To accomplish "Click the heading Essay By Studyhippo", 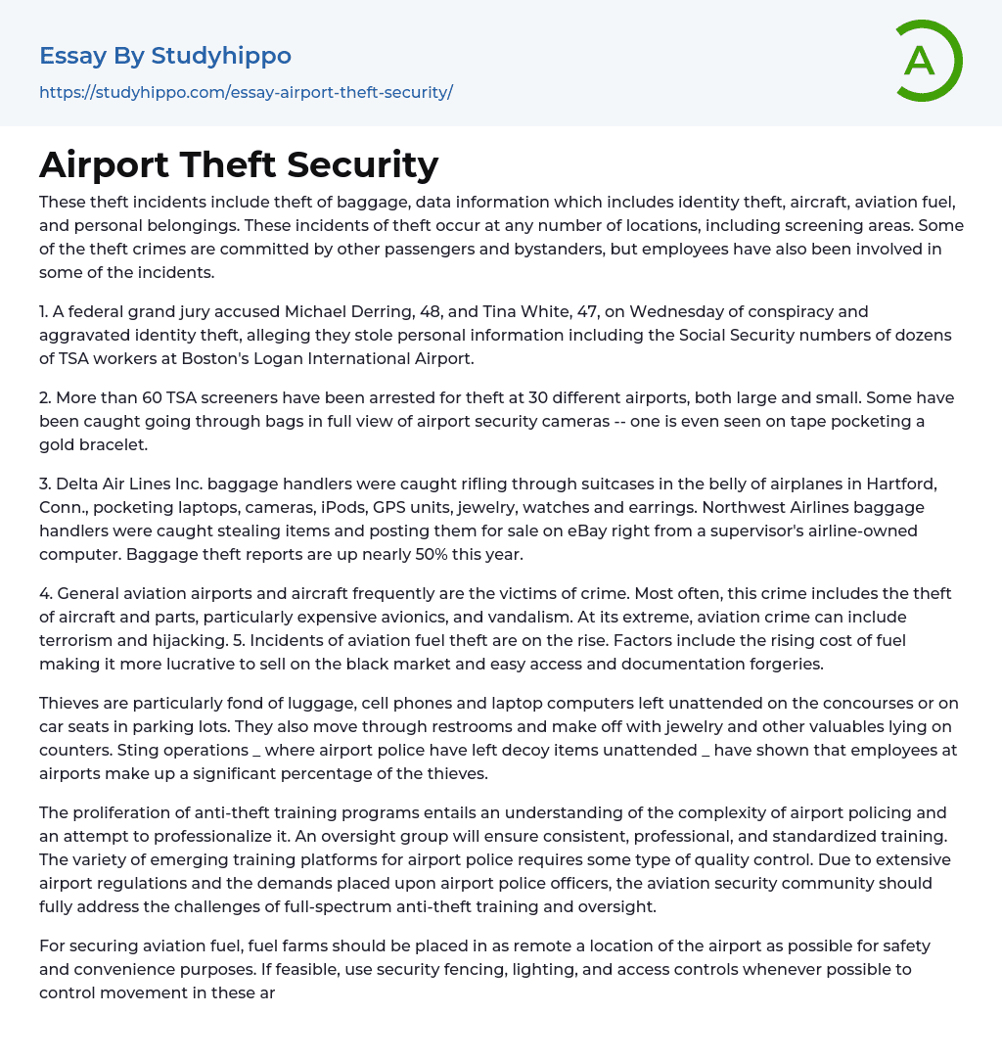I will coord(165,56).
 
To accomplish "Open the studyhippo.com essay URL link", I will coord(246,92).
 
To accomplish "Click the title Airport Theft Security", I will coord(239,164).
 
